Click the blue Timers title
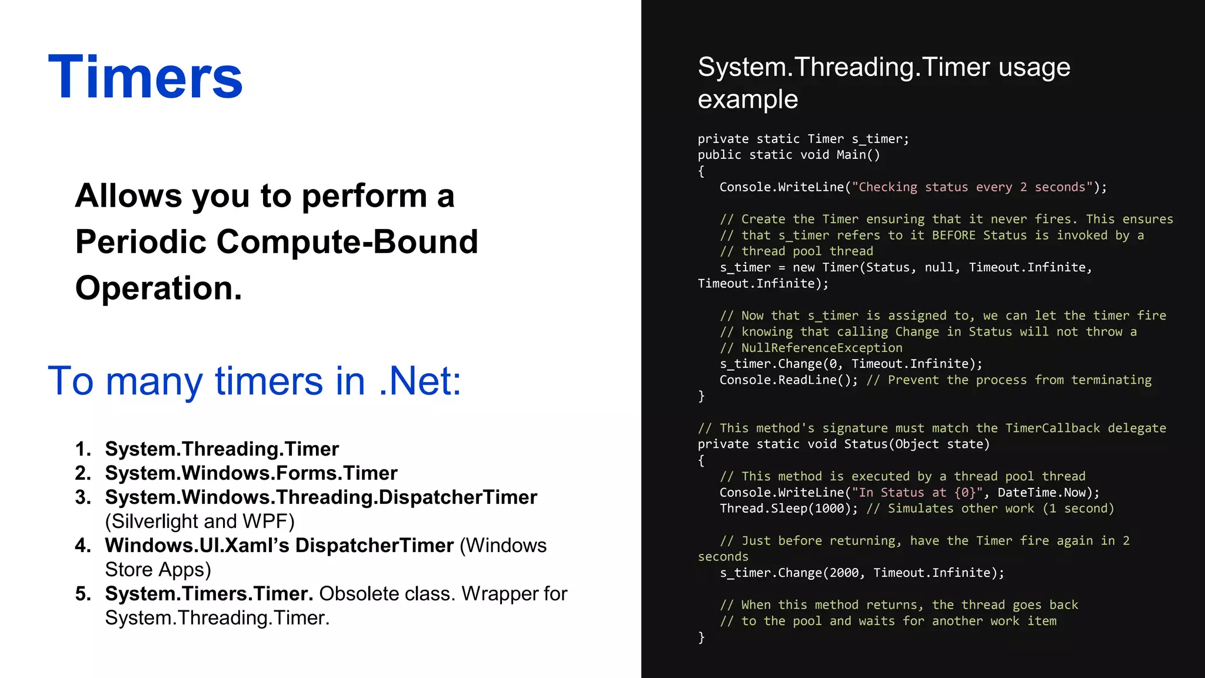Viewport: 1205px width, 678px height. pos(145,78)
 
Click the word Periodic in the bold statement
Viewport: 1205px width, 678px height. pos(140,242)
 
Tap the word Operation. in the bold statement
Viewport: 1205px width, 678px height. pos(159,288)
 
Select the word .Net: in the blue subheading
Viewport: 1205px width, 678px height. pos(420,381)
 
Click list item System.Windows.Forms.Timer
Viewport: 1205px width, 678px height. pos(251,473)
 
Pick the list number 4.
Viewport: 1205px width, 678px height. pos(83,546)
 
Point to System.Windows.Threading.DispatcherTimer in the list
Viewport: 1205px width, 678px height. pos(321,497)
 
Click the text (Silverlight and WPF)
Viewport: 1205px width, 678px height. pos(199,521)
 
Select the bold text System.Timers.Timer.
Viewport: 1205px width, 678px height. pos(209,594)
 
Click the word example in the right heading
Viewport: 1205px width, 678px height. pos(748,99)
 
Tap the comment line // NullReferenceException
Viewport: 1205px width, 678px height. pos(811,348)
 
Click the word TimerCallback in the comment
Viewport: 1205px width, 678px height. pos(1052,428)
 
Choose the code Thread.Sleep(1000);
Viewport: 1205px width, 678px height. pos(788,508)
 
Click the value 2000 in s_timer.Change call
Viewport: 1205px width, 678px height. pos(844,573)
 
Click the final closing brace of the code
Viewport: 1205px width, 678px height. pos(701,637)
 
